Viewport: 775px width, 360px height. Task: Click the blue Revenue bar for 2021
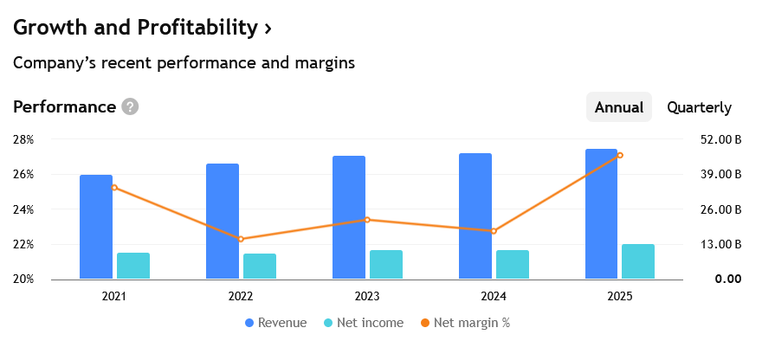click(96, 227)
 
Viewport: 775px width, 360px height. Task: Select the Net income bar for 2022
click(260, 267)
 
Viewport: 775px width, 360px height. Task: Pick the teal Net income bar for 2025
click(638, 261)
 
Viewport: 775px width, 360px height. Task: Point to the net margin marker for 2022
click(241, 239)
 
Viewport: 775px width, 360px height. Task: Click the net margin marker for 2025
click(620, 156)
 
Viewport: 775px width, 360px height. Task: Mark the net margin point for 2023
click(367, 220)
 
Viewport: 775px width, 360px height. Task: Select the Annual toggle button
click(618, 107)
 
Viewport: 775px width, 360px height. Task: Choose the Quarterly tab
click(699, 107)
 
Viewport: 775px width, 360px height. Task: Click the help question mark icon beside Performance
click(130, 106)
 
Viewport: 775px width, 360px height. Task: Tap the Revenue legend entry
click(275, 323)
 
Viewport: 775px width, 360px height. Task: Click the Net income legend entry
click(364, 323)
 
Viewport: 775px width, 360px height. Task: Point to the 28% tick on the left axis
click(23, 139)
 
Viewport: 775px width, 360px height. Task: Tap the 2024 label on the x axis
click(494, 296)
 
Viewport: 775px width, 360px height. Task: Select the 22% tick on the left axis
click(23, 244)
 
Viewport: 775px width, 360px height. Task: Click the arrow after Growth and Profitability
click(268, 28)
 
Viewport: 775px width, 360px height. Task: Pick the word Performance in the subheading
click(64, 106)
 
